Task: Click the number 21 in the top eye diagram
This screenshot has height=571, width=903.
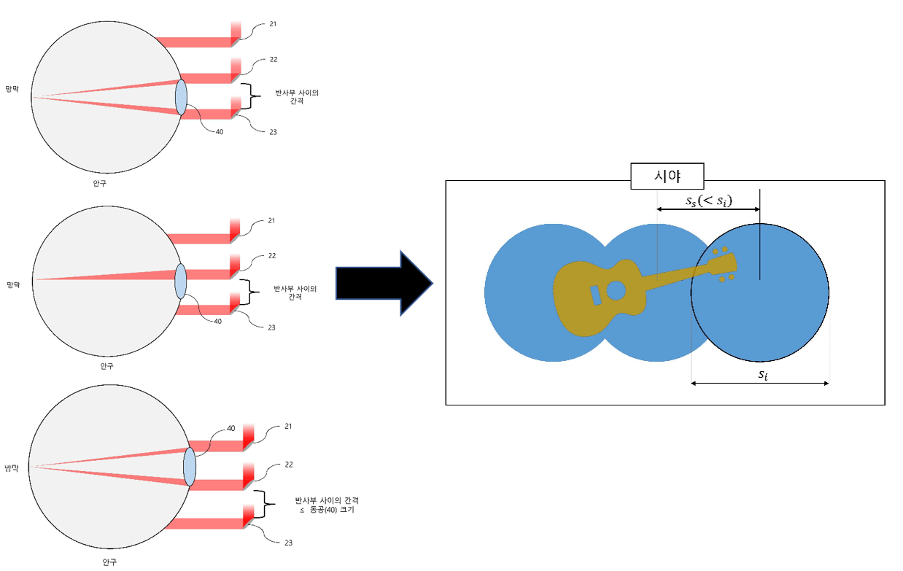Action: coord(272,24)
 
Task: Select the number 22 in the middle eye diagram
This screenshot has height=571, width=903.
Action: coord(271,256)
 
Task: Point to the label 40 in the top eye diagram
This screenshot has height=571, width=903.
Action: coord(220,131)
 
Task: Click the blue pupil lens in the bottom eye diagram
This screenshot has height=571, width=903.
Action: coord(190,467)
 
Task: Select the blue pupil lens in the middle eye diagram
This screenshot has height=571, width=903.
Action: coord(181,281)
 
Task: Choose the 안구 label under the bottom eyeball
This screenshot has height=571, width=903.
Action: coord(109,562)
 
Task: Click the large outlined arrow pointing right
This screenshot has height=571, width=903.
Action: coord(383,283)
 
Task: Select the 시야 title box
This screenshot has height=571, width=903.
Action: coord(667,176)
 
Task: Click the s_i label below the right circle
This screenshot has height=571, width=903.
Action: coord(761,374)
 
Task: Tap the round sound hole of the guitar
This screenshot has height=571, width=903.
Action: coord(616,290)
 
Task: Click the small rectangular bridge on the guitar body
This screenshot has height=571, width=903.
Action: coord(596,295)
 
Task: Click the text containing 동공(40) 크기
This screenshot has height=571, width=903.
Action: coord(326,511)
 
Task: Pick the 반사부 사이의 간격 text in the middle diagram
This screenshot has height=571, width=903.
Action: coord(295,292)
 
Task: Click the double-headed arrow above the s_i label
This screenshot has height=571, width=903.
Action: coord(759,384)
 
